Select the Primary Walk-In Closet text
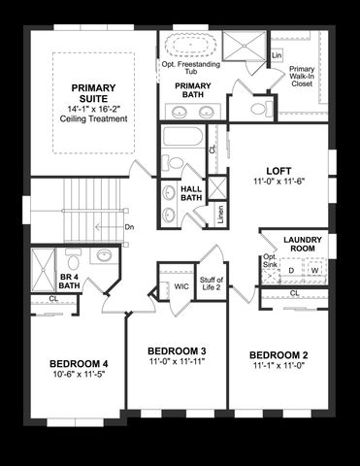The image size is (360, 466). coord(301,76)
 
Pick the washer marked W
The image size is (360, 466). coord(314,271)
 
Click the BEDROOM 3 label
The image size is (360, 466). coord(176,350)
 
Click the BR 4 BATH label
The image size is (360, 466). coord(68,281)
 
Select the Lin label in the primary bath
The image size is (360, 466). coord(277,55)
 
